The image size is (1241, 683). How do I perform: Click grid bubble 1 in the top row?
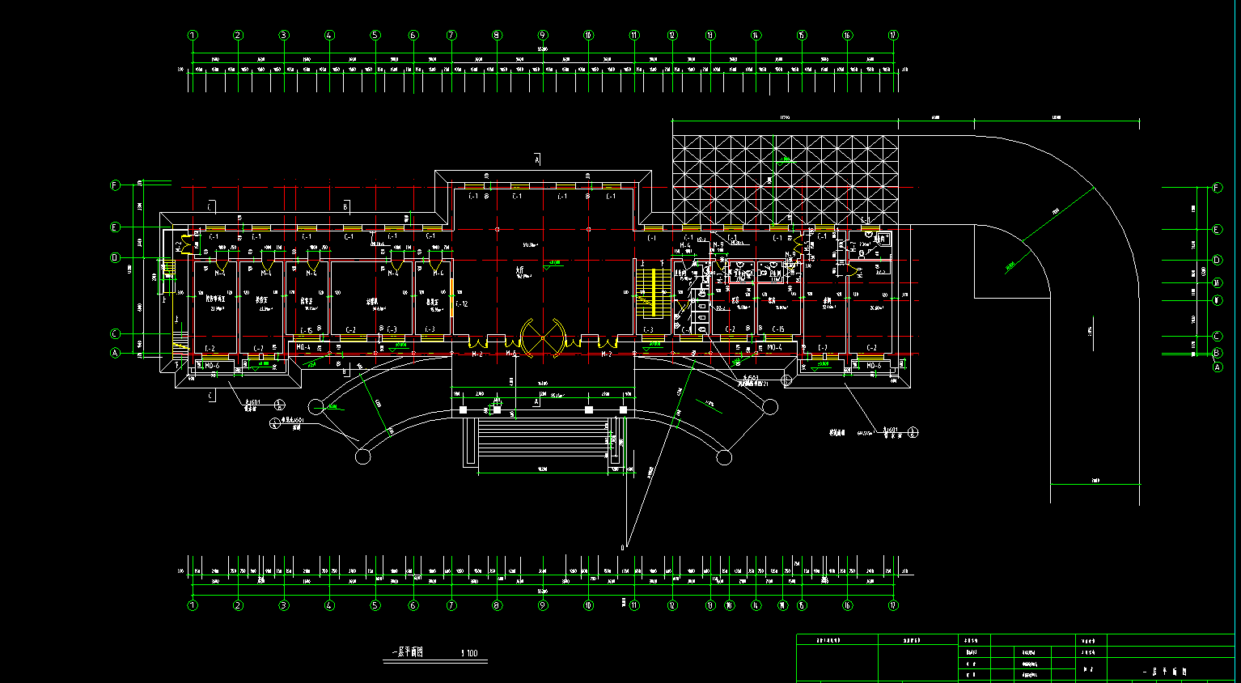click(193, 36)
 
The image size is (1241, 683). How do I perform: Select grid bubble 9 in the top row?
click(543, 36)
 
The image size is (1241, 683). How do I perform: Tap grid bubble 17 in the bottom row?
click(893, 605)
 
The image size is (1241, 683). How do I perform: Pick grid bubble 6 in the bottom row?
click(413, 605)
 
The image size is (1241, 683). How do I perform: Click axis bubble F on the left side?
click(115, 185)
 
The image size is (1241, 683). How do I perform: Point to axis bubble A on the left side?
click(115, 353)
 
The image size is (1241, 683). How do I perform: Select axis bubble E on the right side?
click(1218, 230)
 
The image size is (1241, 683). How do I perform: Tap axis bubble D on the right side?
click(1218, 261)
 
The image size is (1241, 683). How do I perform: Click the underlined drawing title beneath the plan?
click(408, 652)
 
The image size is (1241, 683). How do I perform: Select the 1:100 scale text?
click(469, 654)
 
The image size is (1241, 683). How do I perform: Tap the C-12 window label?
click(462, 304)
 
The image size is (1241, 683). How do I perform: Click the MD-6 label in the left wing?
click(212, 366)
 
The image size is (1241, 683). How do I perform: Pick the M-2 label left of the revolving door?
click(477, 354)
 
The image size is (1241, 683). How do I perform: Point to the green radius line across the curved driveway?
click(1058, 214)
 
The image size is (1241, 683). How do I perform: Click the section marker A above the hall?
click(536, 160)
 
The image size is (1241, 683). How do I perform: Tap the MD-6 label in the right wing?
click(874, 366)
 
